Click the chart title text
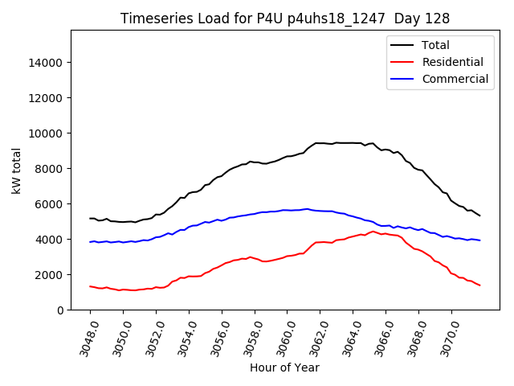click(x=284, y=18)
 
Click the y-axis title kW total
click(x=16, y=170)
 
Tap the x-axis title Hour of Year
click(x=284, y=368)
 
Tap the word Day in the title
click(x=414, y=18)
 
